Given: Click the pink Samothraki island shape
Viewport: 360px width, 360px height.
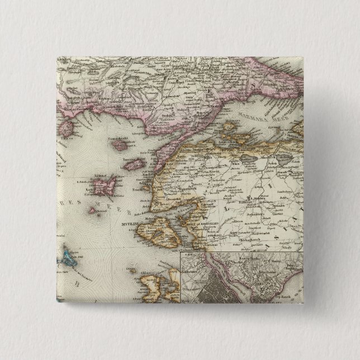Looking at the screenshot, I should click(120, 145).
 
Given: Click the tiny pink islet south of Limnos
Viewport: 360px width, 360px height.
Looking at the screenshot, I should click(92, 210).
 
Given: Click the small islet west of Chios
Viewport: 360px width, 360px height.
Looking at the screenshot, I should click(128, 271).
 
